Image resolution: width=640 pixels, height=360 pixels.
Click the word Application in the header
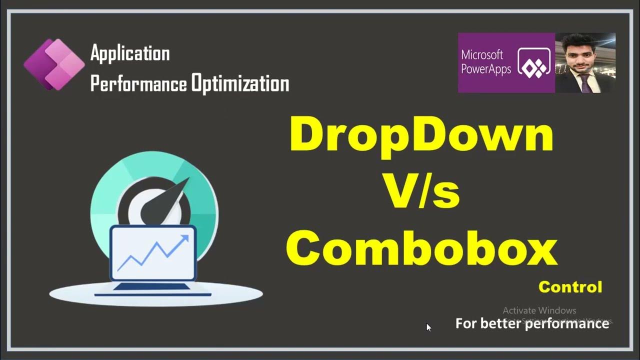tap(130, 53)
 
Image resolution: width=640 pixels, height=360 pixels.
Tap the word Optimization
tap(240, 83)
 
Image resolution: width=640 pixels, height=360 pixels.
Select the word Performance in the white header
tap(139, 83)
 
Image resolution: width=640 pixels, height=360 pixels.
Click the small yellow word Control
tap(570, 287)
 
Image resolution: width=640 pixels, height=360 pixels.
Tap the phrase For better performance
tap(532, 323)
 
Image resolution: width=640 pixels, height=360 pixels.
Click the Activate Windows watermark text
tap(539, 310)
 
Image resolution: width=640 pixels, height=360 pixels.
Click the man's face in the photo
tap(581, 53)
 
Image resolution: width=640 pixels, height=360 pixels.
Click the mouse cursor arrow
tap(428, 327)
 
